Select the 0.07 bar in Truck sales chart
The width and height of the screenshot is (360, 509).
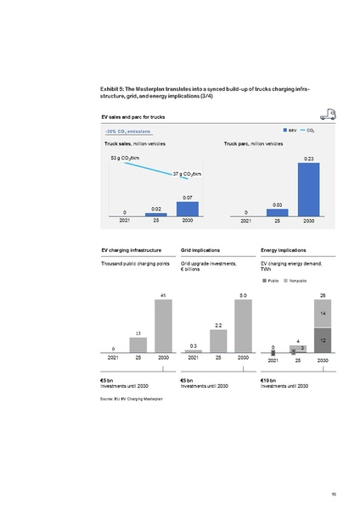[x=187, y=209]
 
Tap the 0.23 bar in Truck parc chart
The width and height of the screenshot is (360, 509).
[x=309, y=189]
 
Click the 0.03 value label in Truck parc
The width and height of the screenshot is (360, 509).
[x=277, y=204]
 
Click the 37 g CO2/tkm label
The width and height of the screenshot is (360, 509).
[x=188, y=174]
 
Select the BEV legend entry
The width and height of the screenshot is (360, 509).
[x=293, y=131]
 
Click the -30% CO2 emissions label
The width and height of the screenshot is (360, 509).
[x=127, y=131]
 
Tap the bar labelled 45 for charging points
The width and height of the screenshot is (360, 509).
[x=162, y=326]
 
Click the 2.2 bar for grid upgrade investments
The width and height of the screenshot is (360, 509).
[x=218, y=341]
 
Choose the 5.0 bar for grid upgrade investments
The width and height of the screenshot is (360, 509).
[x=243, y=326]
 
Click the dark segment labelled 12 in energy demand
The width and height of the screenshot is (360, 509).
[x=323, y=339]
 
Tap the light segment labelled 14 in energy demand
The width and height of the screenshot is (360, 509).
[x=323, y=313]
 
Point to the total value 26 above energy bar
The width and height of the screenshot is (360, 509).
[x=323, y=295]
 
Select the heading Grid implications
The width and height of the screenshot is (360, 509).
[x=200, y=251]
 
